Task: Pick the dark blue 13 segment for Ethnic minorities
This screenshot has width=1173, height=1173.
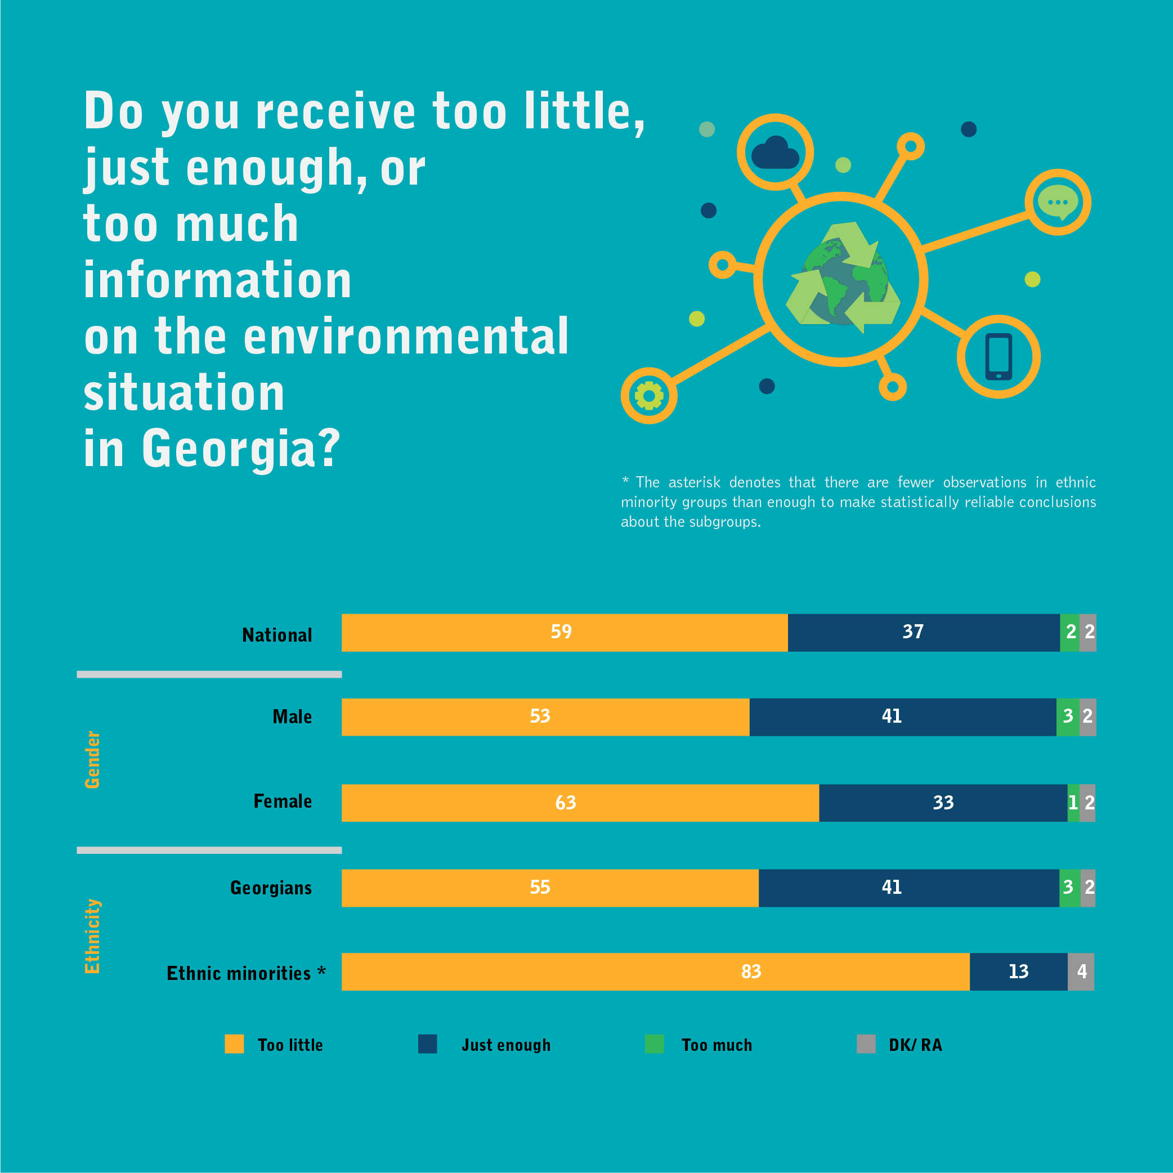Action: click(x=1018, y=971)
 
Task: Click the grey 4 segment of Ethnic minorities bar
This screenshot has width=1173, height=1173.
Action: click(x=1081, y=971)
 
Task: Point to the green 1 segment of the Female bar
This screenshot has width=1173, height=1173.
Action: click(x=1073, y=803)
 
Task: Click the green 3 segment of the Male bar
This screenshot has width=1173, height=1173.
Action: click(x=1067, y=717)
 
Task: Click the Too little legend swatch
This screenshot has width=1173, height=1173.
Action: click(x=234, y=1044)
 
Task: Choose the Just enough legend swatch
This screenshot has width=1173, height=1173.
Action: click(x=427, y=1044)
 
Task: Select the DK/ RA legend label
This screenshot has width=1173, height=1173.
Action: click(x=915, y=1045)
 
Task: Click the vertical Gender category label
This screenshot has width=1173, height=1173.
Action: click(x=92, y=759)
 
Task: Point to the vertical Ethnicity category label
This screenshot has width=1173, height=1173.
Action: click(x=92, y=935)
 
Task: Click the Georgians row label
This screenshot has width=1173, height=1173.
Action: click(x=271, y=888)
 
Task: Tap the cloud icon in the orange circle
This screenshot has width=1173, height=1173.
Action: click(x=774, y=153)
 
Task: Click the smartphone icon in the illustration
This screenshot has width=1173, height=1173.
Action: click(x=998, y=356)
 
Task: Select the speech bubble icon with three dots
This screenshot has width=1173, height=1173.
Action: click(x=1058, y=202)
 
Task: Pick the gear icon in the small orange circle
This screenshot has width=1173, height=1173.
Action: click(x=648, y=396)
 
